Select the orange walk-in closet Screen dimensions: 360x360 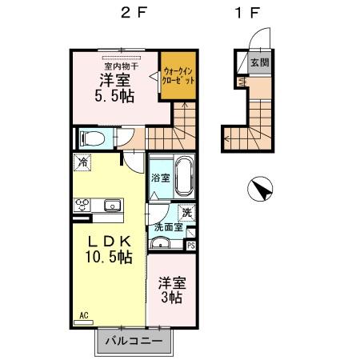tap(176, 77)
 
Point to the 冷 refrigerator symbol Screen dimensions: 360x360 tap(83, 162)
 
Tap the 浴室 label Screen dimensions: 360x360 tap(159, 178)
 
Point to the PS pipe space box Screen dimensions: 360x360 tap(190, 246)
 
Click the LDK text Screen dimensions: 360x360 tap(111, 241)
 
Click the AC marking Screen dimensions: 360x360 tap(83, 316)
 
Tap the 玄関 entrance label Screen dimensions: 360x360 tap(258, 62)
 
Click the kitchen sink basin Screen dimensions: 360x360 tap(112, 206)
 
